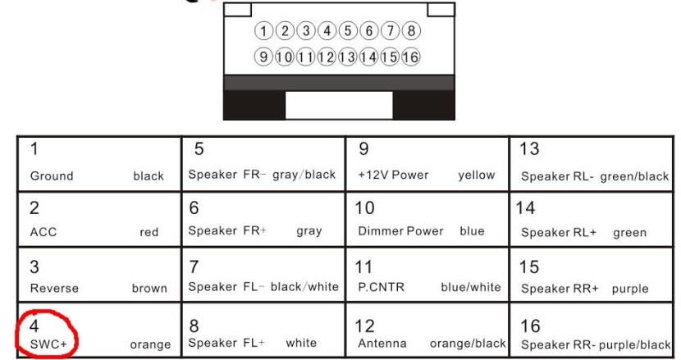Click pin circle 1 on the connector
(x=264, y=32)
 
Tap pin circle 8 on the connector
(x=411, y=32)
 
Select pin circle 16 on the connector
(x=411, y=57)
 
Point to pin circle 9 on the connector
(x=264, y=57)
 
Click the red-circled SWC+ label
(x=48, y=344)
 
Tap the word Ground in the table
(x=52, y=175)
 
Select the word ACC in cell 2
(x=43, y=232)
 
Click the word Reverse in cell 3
(x=54, y=288)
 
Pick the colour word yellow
(x=477, y=175)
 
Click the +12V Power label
(x=393, y=175)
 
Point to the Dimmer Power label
(x=400, y=231)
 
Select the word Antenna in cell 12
(x=382, y=344)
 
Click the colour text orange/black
(x=467, y=344)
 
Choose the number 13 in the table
(x=529, y=149)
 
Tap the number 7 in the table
(x=194, y=267)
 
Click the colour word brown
(x=149, y=289)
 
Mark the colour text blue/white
(x=470, y=288)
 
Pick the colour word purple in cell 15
(x=629, y=289)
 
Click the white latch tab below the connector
(x=338, y=105)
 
